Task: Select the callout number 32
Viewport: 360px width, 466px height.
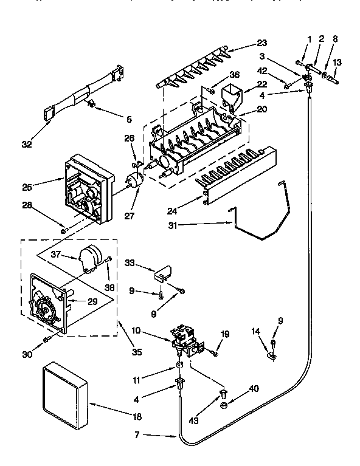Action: point(26,144)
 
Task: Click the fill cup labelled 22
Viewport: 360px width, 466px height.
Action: point(232,95)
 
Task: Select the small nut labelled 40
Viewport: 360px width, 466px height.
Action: point(224,405)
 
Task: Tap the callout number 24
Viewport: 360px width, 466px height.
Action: point(172,212)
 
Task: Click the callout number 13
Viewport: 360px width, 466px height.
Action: point(337,61)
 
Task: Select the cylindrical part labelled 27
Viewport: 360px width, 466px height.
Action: point(134,180)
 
